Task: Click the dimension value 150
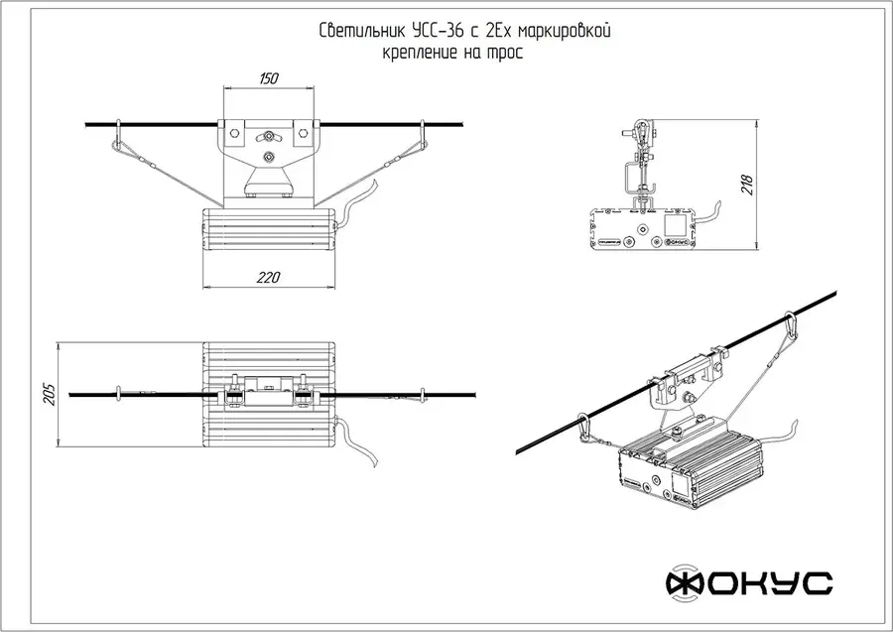269,78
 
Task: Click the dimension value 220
268,278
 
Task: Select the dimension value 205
50,394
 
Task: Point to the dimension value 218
747,186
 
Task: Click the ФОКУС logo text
749,583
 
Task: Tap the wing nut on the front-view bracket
268,136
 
